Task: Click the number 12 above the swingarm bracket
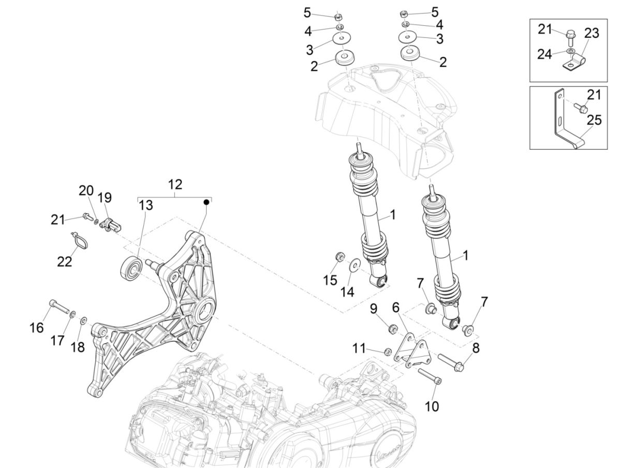175,184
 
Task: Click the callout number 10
431,406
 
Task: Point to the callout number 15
330,280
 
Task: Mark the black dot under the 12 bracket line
206,201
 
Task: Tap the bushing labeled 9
393,328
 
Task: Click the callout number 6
396,307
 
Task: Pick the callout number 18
77,346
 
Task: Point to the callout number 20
86,191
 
